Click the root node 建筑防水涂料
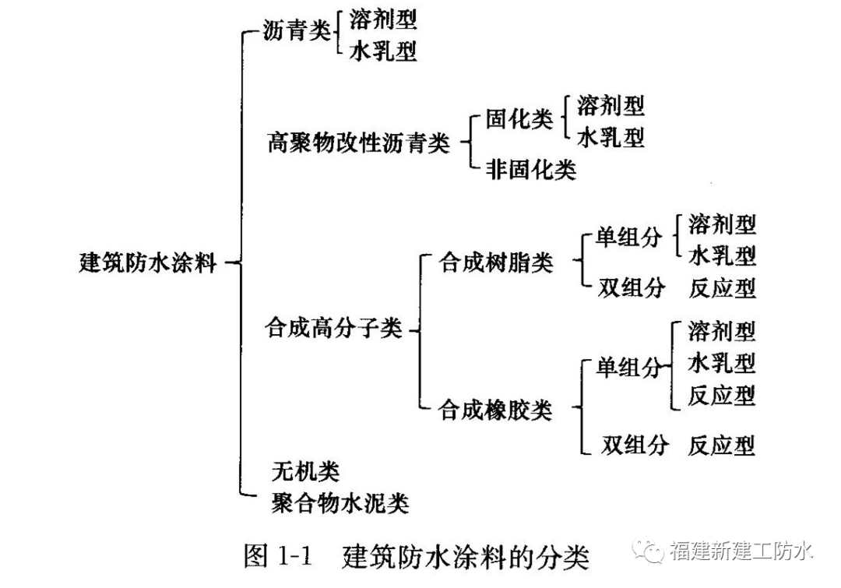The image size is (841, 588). (x=147, y=262)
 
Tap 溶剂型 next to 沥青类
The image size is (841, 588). (x=382, y=19)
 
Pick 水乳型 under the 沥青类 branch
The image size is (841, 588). (x=382, y=51)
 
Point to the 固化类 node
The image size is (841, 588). (x=519, y=119)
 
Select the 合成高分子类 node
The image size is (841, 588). (x=333, y=329)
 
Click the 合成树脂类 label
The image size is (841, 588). (x=496, y=262)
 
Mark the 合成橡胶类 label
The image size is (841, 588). (x=496, y=409)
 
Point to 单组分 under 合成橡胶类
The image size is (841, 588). (x=628, y=367)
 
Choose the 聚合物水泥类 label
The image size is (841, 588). (x=340, y=503)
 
